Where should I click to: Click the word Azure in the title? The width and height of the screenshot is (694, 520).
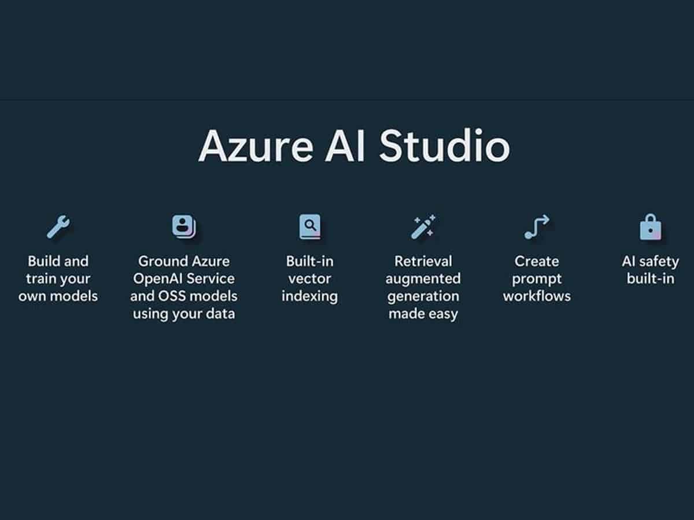(x=256, y=147)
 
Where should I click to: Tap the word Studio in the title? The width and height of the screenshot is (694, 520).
(x=445, y=145)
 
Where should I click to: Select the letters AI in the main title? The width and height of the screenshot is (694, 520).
(x=345, y=146)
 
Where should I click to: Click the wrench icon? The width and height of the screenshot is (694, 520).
(x=58, y=226)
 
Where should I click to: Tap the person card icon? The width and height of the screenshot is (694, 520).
(x=184, y=226)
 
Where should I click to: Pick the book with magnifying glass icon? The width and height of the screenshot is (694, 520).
(x=310, y=226)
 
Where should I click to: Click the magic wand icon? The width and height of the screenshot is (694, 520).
(x=423, y=226)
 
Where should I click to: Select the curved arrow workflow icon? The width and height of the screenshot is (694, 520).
(x=537, y=226)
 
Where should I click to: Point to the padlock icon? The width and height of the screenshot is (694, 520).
(x=651, y=226)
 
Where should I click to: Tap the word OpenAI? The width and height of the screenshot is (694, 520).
(x=157, y=279)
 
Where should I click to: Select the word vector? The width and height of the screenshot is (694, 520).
(x=309, y=279)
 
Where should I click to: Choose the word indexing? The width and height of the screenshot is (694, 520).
(x=309, y=297)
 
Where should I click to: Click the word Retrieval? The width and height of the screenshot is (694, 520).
(x=423, y=261)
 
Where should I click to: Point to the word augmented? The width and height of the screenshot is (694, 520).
(x=423, y=280)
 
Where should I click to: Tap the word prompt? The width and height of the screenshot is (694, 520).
(x=537, y=280)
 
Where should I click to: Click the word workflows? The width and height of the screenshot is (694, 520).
(x=537, y=296)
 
